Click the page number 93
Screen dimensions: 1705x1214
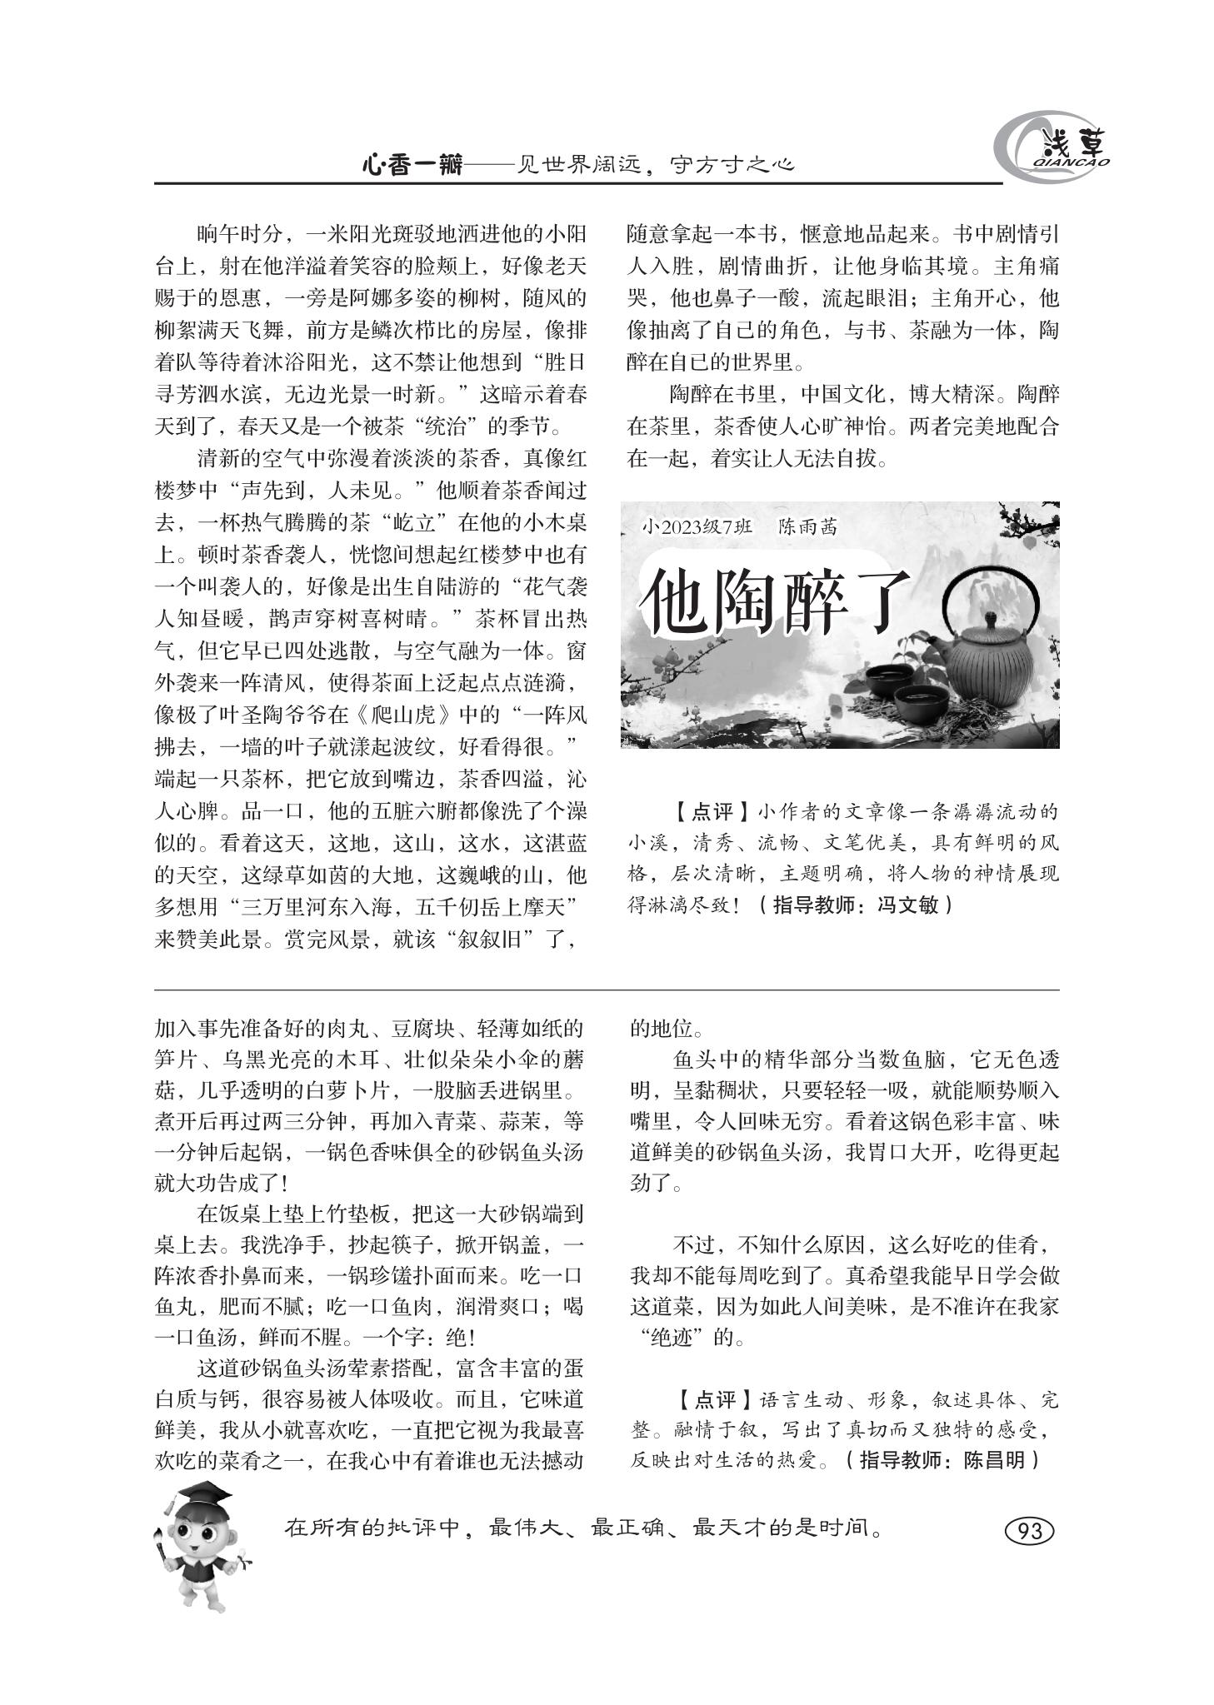(x=1029, y=1531)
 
